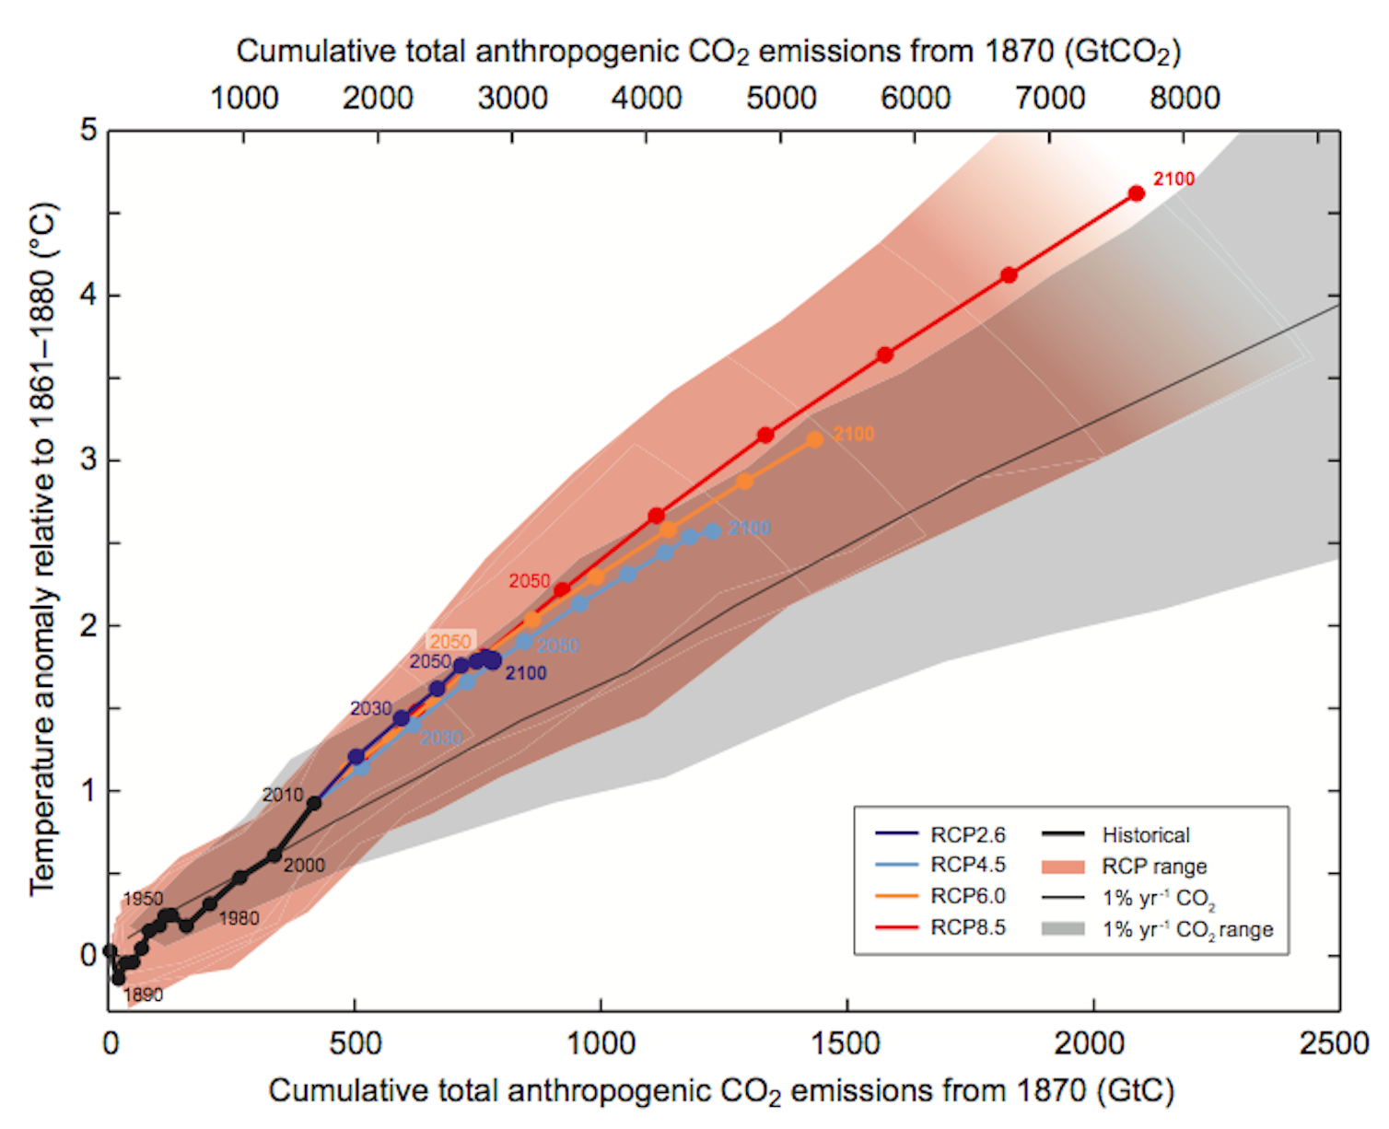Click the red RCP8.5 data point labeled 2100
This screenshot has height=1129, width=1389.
(x=1136, y=193)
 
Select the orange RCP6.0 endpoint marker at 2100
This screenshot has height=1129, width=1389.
(x=814, y=440)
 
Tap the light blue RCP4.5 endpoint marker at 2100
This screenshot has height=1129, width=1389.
(x=712, y=531)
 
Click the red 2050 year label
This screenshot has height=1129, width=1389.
(x=530, y=581)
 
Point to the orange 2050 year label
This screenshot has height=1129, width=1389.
(x=450, y=641)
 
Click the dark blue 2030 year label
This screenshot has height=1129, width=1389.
(x=370, y=708)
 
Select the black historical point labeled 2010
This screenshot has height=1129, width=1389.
(x=313, y=803)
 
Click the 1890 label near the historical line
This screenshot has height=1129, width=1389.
(x=143, y=995)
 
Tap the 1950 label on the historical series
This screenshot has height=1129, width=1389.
(x=143, y=898)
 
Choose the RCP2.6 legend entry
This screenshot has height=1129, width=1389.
(x=967, y=835)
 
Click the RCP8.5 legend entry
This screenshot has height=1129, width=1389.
(x=967, y=927)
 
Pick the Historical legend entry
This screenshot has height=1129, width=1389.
(x=1145, y=835)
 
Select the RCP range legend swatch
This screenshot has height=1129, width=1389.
(x=1063, y=867)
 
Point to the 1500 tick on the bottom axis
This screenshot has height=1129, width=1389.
(x=846, y=1043)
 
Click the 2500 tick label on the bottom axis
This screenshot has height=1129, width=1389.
(x=1334, y=1043)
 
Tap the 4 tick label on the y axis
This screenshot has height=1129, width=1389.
(x=88, y=295)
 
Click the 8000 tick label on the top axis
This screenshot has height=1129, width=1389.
(x=1185, y=98)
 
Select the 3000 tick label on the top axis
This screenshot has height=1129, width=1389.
(x=512, y=98)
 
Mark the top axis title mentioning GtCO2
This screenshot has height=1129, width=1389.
(x=707, y=52)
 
